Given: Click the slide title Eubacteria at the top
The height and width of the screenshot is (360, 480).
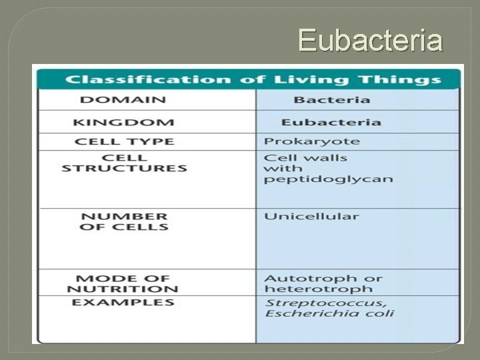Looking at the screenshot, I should (x=370, y=40).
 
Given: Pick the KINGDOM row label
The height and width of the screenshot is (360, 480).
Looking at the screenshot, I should (x=124, y=123).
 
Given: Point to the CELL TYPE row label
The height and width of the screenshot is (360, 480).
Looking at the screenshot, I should (x=125, y=141).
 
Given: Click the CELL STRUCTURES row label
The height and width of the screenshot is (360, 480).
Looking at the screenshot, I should (x=124, y=163).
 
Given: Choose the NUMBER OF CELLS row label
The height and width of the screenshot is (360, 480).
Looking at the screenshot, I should (x=124, y=221).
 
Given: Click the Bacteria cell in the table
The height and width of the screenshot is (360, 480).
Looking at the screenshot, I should (x=331, y=101).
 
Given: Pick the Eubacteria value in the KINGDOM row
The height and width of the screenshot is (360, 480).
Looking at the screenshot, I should (x=331, y=123).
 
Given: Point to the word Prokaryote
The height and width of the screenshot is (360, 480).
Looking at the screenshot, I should (x=312, y=141).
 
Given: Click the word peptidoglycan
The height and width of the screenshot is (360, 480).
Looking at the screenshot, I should (x=329, y=180).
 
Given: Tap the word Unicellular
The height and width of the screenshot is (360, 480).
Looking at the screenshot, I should (x=311, y=217).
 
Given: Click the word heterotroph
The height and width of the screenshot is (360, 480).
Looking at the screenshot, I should (x=309, y=289).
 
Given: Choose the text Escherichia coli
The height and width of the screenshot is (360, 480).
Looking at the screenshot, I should (x=329, y=314).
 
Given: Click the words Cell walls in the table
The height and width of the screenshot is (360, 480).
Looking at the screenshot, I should (x=306, y=158).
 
